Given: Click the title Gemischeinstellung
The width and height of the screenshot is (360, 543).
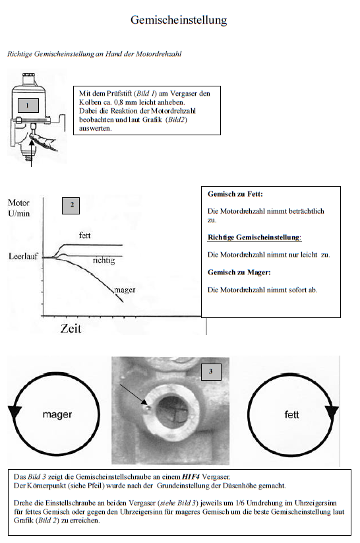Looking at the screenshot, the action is (x=179, y=20).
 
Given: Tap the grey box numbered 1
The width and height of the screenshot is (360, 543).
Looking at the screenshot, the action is (x=28, y=106).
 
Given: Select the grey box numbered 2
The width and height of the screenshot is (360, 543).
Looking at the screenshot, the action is (x=71, y=205).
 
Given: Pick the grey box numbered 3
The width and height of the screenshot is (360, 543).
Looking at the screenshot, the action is (x=210, y=372).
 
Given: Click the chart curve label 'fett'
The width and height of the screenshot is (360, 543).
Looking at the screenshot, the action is (x=85, y=236).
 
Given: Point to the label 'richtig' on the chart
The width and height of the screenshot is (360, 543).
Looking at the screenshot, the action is (x=104, y=261).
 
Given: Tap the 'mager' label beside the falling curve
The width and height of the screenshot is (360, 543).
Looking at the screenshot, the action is (x=125, y=290).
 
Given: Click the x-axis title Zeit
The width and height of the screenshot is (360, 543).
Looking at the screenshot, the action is (x=71, y=329).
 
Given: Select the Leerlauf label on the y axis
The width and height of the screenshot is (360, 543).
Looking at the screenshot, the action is (x=23, y=257).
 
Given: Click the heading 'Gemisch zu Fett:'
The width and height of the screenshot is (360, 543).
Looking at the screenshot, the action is (x=235, y=194).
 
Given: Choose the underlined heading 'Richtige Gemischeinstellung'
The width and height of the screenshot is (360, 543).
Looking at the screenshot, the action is (x=254, y=238).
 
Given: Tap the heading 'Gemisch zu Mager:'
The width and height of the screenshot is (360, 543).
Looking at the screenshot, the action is (x=239, y=272).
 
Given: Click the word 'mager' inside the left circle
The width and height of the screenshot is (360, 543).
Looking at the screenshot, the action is (x=57, y=414).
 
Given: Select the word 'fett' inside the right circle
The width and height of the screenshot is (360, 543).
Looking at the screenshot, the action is (x=291, y=414).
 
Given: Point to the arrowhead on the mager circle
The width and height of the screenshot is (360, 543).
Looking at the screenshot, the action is (x=15, y=412).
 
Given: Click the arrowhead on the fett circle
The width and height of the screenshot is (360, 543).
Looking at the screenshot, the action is (x=332, y=412).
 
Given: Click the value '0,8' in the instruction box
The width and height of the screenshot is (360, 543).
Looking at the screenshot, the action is (x=119, y=102).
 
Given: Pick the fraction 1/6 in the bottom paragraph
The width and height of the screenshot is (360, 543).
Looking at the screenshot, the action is (x=239, y=503).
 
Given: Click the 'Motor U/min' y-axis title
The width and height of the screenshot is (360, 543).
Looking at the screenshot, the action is (x=19, y=208).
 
